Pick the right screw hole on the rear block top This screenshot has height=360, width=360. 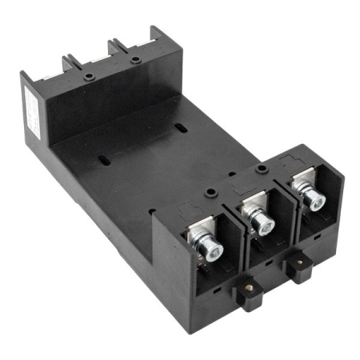click(x=137, y=58)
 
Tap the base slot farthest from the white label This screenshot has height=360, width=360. click(x=184, y=128)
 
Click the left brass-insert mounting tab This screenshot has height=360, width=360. click(x=252, y=297)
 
